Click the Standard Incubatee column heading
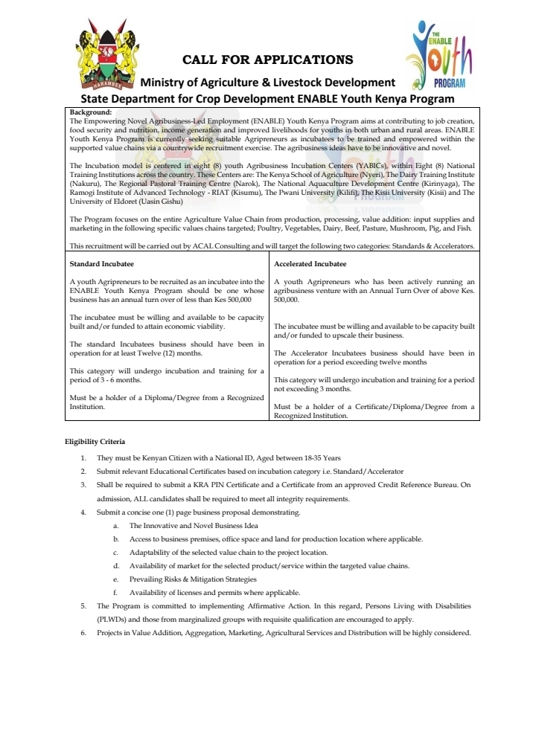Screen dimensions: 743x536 tap(102, 263)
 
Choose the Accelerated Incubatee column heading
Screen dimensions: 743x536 tap(310, 263)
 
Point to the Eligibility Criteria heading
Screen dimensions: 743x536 tap(94, 443)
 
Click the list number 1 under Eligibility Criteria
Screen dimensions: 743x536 tap(83, 457)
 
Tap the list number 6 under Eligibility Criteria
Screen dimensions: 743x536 tap(83, 633)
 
